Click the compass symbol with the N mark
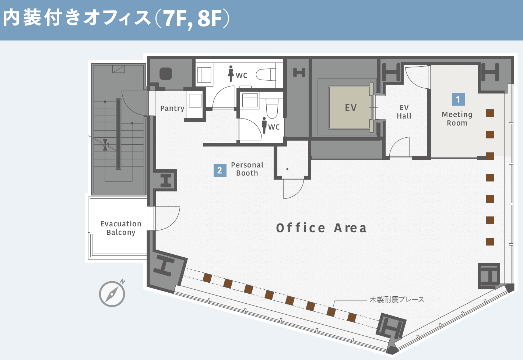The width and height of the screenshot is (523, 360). (x=112, y=293)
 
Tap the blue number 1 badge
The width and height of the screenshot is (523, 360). (x=458, y=99)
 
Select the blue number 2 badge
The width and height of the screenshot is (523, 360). (x=220, y=170)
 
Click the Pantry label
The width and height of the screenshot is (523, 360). (x=172, y=109)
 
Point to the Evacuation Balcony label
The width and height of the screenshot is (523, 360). (x=121, y=228)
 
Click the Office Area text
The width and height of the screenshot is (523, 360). (x=321, y=228)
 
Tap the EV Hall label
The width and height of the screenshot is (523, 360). (x=404, y=112)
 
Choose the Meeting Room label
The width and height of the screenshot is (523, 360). (x=457, y=119)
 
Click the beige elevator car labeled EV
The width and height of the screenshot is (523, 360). (x=349, y=107)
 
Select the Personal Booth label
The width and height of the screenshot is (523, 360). (x=247, y=169)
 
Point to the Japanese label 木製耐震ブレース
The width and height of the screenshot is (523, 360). (x=397, y=299)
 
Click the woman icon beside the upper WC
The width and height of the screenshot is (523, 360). (x=231, y=74)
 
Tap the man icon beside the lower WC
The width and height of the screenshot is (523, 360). (x=264, y=125)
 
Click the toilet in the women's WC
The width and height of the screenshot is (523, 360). (x=266, y=74)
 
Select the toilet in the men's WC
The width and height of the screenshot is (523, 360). (x=272, y=109)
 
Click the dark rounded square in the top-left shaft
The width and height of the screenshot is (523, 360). (x=166, y=74)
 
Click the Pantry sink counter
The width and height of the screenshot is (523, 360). (x=195, y=105)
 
